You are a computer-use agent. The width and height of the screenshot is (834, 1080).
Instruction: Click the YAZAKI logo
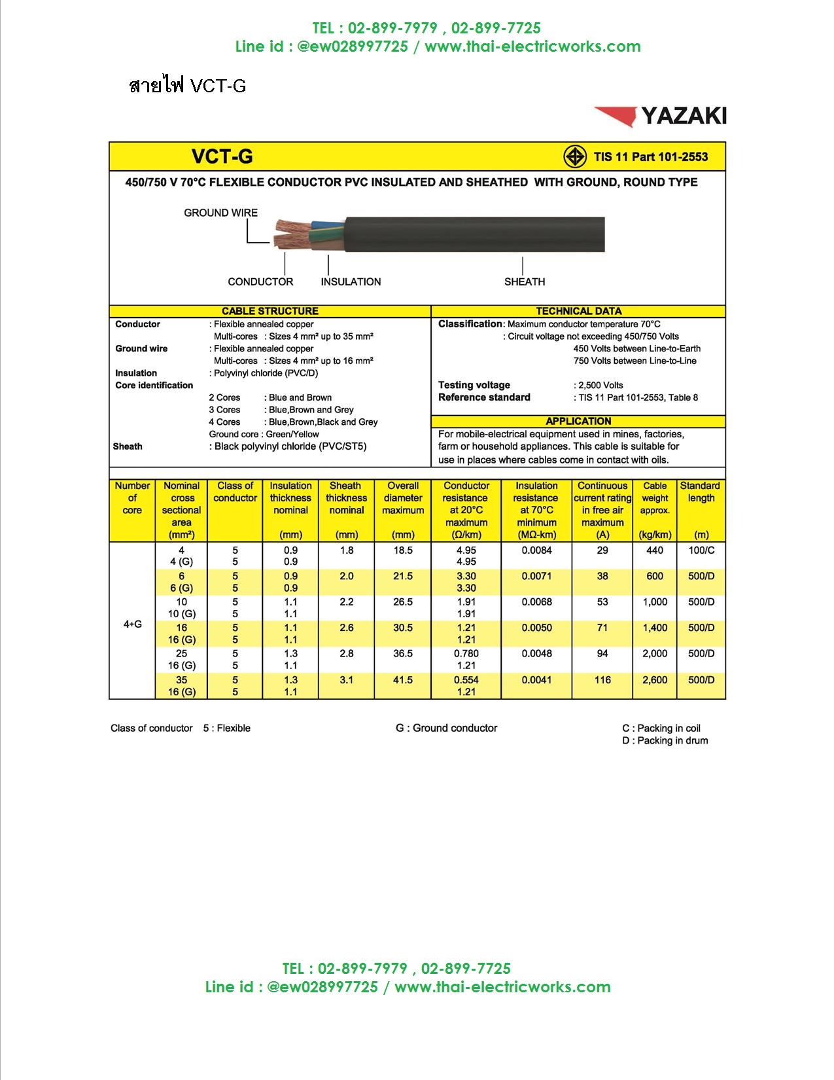pos(661,116)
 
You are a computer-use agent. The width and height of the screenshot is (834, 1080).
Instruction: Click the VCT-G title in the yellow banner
pos(222,156)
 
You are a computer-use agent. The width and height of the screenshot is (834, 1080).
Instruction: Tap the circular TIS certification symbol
pos(575,157)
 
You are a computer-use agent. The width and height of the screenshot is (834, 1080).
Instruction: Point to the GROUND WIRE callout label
pos(220,213)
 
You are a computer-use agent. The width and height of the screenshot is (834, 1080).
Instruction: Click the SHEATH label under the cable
pos(524,281)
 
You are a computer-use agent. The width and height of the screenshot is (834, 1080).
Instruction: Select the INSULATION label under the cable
pos(351,281)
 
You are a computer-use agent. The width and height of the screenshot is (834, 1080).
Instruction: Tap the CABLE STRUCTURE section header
pos(269,311)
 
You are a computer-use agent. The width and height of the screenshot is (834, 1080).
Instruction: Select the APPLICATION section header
pos(578,421)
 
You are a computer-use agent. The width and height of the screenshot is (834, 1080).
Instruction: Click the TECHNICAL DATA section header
pos(578,311)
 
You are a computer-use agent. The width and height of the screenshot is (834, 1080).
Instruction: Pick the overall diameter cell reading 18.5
pos(403,550)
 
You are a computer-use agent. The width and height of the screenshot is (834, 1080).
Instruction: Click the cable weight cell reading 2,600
pos(655,680)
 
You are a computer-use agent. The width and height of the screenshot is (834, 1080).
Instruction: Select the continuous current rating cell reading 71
pos(602,628)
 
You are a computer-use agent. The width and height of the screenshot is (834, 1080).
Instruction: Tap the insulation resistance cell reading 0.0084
pos(536,550)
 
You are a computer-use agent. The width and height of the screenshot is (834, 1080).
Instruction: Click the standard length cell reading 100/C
pos(701,550)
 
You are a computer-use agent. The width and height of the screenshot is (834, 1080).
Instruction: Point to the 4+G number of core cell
pos(132,624)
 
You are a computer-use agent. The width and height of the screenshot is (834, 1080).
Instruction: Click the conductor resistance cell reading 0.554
pos(466,680)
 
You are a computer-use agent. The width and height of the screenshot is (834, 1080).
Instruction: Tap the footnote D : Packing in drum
pos(665,740)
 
